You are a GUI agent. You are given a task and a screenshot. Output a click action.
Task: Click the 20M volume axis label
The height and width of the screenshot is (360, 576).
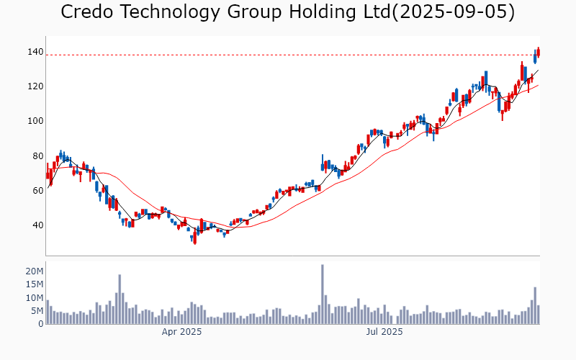tap(35, 271)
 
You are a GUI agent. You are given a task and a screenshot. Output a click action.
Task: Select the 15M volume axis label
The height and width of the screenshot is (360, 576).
tap(35, 284)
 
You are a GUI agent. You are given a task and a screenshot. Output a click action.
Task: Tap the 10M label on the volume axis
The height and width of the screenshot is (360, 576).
tap(35, 297)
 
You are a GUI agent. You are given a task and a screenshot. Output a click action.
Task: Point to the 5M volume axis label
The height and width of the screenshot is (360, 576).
tap(37, 311)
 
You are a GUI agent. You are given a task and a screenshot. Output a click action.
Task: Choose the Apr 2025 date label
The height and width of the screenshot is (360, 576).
tap(181, 332)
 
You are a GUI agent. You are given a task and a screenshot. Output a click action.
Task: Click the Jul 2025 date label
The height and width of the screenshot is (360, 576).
tap(384, 332)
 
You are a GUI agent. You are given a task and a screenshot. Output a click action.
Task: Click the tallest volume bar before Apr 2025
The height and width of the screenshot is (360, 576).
tap(120, 299)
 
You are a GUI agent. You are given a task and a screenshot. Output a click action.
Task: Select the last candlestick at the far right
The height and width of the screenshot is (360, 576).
tap(539, 52)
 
